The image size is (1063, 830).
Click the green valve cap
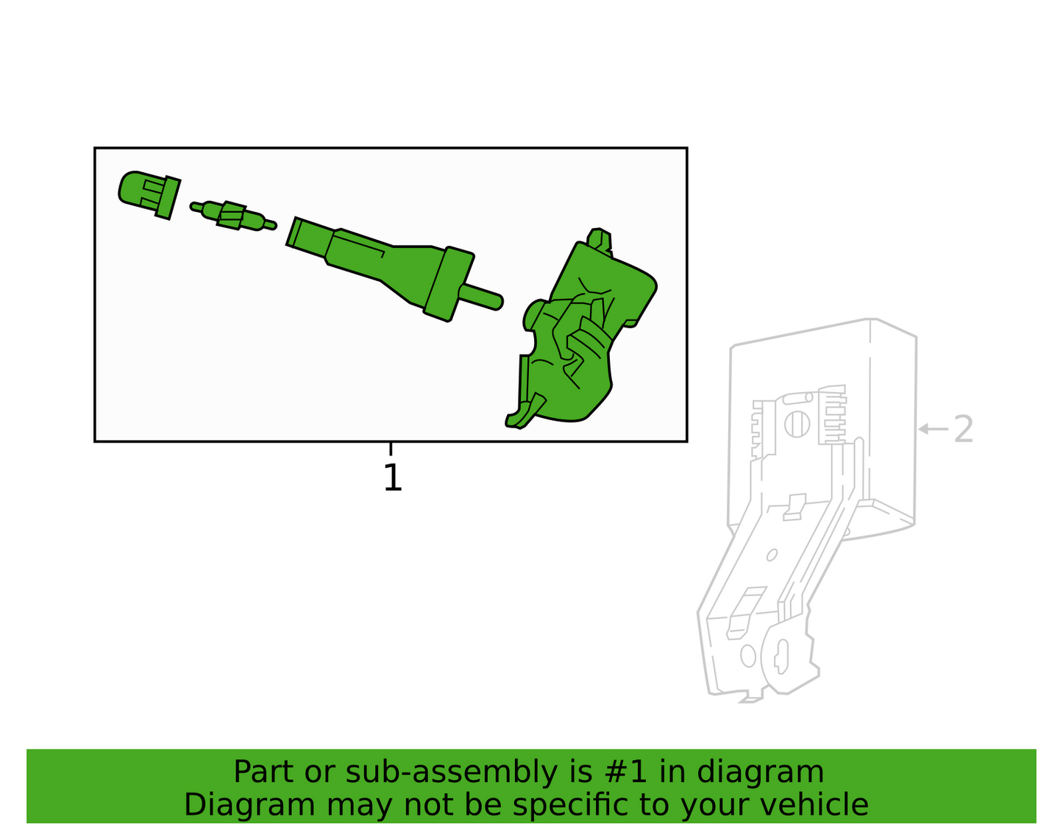click(149, 195)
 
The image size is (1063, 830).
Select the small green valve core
click(233, 215)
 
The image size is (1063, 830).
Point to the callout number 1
click(393, 478)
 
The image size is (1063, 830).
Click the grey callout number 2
click(964, 430)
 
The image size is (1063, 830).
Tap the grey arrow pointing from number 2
click(933, 430)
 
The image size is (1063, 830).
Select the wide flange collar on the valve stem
click(449, 284)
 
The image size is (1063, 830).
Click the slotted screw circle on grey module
click(797, 424)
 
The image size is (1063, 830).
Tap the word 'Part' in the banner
click(263, 773)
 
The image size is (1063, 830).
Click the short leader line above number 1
click(391, 449)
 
